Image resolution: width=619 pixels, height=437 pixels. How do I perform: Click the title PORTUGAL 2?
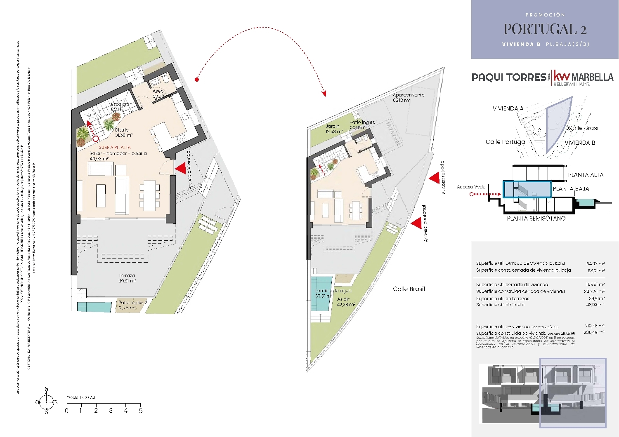coord(545,29)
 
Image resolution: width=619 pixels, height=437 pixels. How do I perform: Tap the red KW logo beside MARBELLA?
coord(561,76)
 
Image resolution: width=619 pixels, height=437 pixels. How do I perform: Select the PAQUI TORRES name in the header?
coord(509,77)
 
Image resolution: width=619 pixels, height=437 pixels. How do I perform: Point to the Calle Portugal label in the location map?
coord(506,142)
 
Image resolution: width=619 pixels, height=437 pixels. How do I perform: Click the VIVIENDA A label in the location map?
coord(508,108)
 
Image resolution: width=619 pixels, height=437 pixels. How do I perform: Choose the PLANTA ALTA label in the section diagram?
coord(585,175)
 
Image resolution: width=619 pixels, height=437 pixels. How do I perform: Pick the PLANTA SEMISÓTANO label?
coord(536,218)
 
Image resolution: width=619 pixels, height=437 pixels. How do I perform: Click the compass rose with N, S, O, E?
coord(46,401)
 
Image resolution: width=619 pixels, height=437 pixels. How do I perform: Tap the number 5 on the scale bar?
coord(141,411)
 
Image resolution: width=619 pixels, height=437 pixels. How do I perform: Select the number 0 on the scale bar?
coord(67,411)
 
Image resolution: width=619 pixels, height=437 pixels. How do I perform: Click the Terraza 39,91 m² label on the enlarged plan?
coord(127,278)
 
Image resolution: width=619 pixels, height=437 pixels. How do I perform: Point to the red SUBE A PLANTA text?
coord(114,147)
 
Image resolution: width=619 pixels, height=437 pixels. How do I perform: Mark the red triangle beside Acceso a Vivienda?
coord(180,168)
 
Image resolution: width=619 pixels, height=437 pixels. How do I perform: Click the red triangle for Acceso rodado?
coord(434,178)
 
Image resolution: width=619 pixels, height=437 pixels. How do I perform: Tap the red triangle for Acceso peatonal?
coord(416,223)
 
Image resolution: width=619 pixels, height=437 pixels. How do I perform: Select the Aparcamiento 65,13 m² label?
coord(408,97)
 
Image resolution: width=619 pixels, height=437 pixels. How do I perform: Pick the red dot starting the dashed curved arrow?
coord(197,79)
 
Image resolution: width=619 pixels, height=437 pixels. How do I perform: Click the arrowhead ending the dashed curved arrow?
coord(324,94)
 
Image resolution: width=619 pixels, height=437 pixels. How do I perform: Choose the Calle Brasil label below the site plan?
coord(409,289)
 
